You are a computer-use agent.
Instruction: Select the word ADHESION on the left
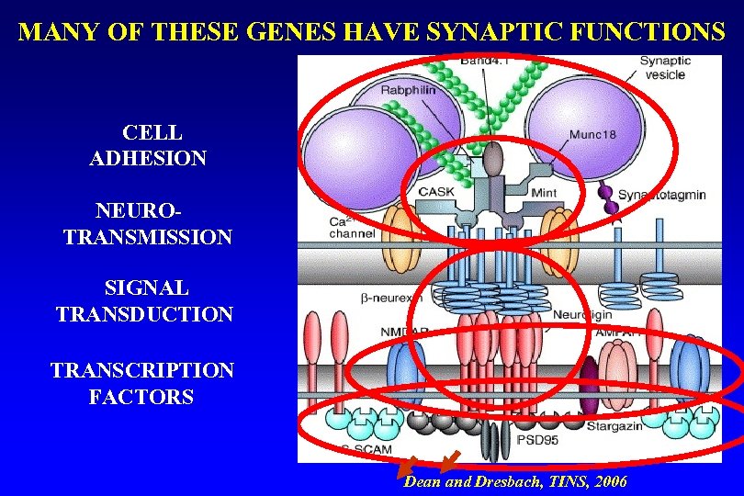tap(148, 158)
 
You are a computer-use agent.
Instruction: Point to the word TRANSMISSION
tap(148, 237)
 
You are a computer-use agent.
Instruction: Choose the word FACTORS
tap(141, 397)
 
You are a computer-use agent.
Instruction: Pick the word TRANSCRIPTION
tap(142, 370)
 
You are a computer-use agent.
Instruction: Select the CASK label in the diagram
tap(436, 192)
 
